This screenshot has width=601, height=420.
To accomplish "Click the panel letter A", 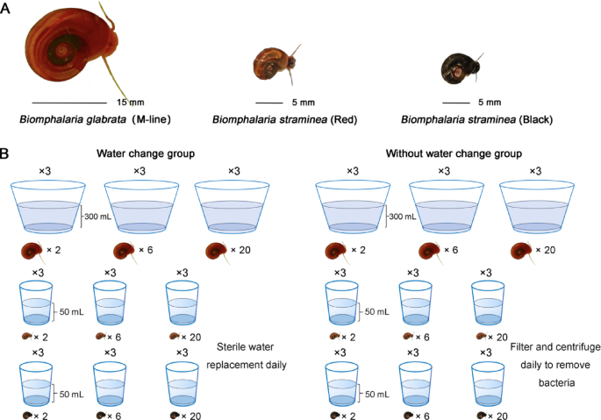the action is pos(8,11).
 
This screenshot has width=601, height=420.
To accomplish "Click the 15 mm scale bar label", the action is pos(131,101).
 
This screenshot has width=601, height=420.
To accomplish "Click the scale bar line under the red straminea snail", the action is pos(270,102).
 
